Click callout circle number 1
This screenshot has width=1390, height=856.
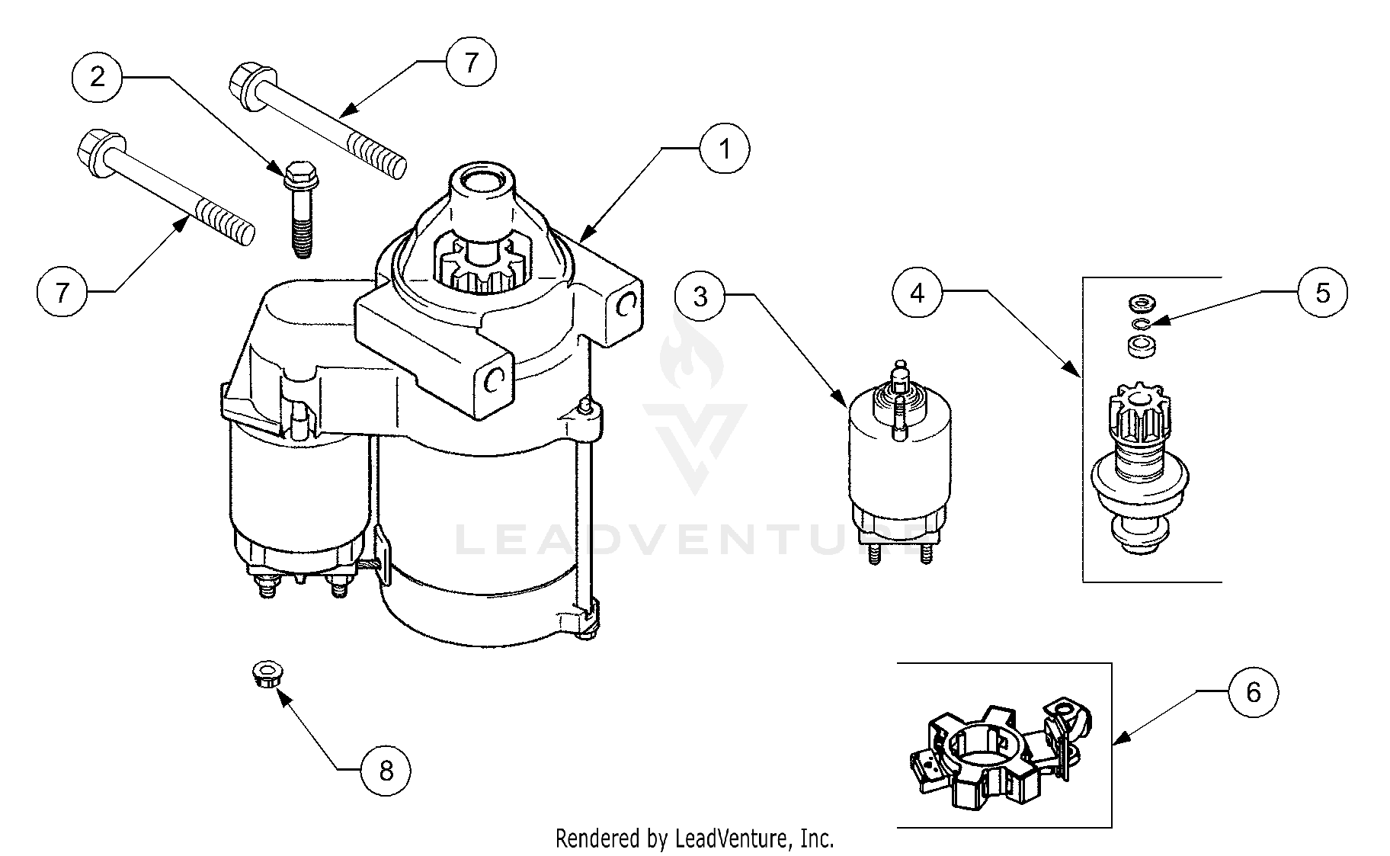point(725,149)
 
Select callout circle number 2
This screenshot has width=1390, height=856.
point(97,77)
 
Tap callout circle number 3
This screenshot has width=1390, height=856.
point(700,297)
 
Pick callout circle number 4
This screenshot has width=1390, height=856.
point(918,293)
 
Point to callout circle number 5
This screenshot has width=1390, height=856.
point(1322,293)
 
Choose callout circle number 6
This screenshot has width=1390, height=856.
point(1253,692)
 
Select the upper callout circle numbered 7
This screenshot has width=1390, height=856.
point(470,63)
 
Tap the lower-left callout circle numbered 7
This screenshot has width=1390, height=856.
point(62,291)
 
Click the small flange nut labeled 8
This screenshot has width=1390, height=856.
point(264,675)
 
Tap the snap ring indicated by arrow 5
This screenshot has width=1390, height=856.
point(1140,325)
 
